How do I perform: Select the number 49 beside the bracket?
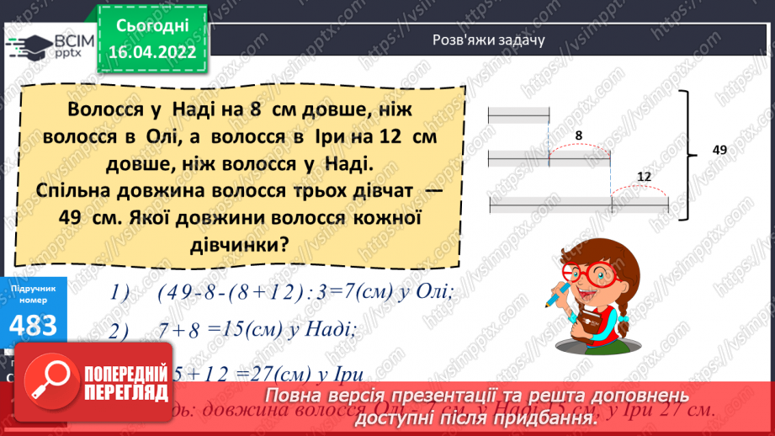(x=719, y=150)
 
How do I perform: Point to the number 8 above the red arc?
(x=578, y=134)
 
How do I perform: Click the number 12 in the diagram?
(x=644, y=176)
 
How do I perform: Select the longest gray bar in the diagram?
(x=578, y=204)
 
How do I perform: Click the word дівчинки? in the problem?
(x=236, y=246)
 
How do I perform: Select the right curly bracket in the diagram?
(x=693, y=152)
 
